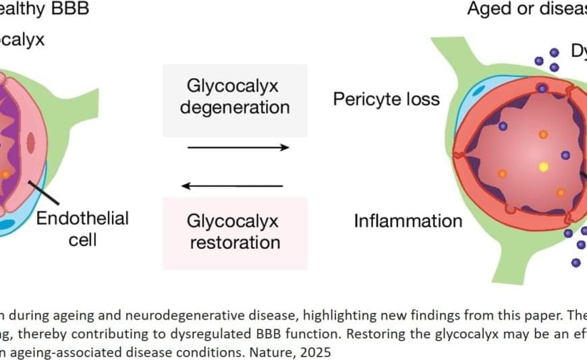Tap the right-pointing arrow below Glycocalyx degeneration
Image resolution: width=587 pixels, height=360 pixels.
coord(237,147)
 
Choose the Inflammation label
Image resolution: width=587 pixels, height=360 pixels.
coord(408,220)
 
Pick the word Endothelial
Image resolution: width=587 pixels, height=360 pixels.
coord(82,218)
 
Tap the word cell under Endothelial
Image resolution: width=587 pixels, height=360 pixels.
coord(82,240)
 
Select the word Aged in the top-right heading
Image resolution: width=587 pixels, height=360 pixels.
coord(491,9)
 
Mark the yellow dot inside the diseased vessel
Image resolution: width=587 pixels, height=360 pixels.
coord(543,166)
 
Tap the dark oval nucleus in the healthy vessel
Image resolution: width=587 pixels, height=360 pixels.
coord(31,142)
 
